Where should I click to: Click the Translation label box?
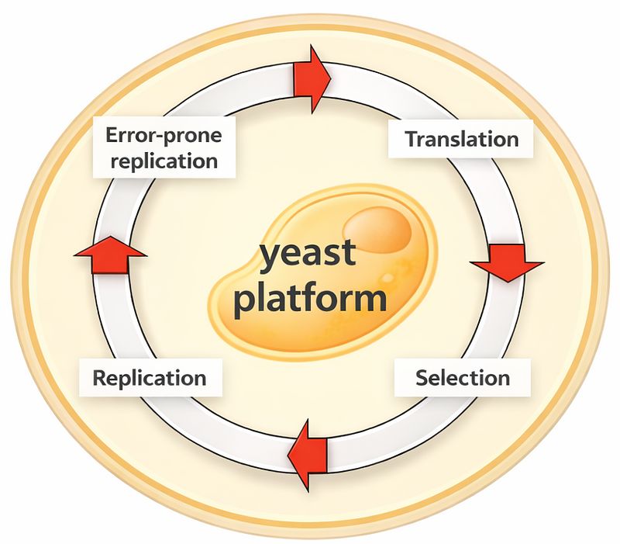point(462,140)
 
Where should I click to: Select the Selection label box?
point(463,379)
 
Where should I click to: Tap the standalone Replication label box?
point(150,379)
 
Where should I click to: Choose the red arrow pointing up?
point(109,255)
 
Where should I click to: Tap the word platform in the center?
point(309,298)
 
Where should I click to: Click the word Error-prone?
point(162,136)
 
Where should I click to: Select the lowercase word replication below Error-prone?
point(162,161)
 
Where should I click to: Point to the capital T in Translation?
point(412,140)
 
